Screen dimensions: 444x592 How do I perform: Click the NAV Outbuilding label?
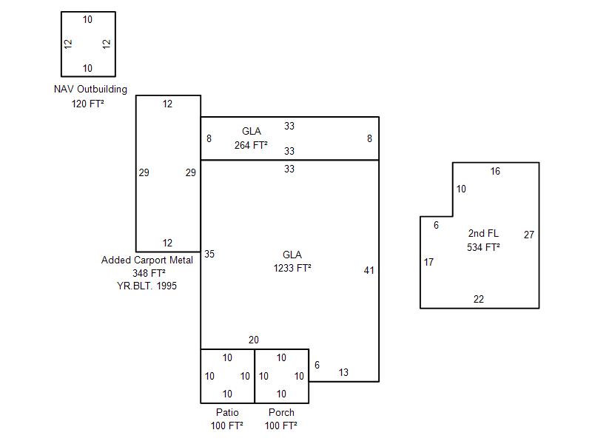pyautogui.click(x=90, y=90)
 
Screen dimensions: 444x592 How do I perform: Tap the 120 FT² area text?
pyautogui.click(x=87, y=104)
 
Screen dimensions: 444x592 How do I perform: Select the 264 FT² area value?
pyautogui.click(x=251, y=145)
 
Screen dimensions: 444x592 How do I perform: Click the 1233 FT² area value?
pyautogui.click(x=292, y=268)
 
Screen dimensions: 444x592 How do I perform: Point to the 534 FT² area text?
pyautogui.click(x=483, y=247)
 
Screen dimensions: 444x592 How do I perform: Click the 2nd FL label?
pyautogui.click(x=483, y=234)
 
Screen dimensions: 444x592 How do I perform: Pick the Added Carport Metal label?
pyautogui.click(x=147, y=260)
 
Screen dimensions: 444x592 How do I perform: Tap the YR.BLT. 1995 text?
pyautogui.click(x=149, y=286)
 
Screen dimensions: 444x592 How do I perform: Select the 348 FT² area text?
pyautogui.click(x=149, y=273)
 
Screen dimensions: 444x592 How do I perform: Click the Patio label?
pyautogui.click(x=227, y=412)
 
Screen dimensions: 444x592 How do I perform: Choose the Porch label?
pyautogui.click(x=281, y=412)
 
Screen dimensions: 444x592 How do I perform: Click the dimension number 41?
pyautogui.click(x=369, y=270)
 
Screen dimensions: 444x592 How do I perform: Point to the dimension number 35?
pyautogui.click(x=209, y=254)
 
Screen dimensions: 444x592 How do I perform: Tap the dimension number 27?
pyautogui.click(x=529, y=235)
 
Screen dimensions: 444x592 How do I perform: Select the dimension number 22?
pyautogui.click(x=479, y=299)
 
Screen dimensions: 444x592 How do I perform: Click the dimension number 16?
pyautogui.click(x=495, y=172)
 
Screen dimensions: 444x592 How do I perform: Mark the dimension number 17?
pyautogui.click(x=429, y=262)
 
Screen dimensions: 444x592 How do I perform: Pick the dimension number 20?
pyautogui.click(x=254, y=340)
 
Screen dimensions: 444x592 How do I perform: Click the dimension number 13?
pyautogui.click(x=343, y=372)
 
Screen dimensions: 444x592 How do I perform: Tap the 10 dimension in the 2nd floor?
pyautogui.click(x=461, y=189)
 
